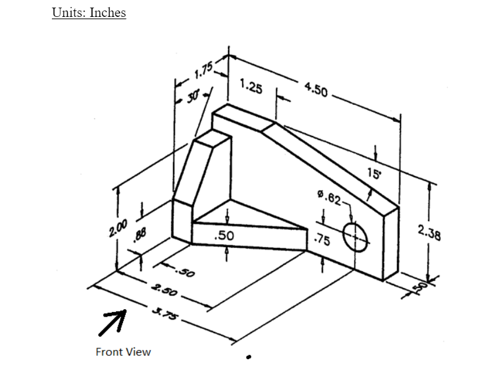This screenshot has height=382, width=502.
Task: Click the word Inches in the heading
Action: pyautogui.click(x=107, y=13)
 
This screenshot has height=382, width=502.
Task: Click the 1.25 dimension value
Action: pyautogui.click(x=250, y=87)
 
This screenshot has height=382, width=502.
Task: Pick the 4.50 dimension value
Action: pyautogui.click(x=316, y=90)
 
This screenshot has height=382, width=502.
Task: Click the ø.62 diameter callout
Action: pyautogui.click(x=329, y=197)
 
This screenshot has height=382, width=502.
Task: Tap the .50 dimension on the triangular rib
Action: pyautogui.click(x=224, y=235)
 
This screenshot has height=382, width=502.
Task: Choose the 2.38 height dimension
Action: pyautogui.click(x=429, y=233)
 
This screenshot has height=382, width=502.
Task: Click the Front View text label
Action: pyautogui.click(x=123, y=352)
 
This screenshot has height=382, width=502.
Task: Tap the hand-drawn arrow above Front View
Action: pyautogui.click(x=113, y=322)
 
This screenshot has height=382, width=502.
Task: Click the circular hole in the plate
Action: pyautogui.click(x=356, y=237)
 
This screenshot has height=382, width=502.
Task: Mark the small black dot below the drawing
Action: pyautogui.click(x=249, y=356)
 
